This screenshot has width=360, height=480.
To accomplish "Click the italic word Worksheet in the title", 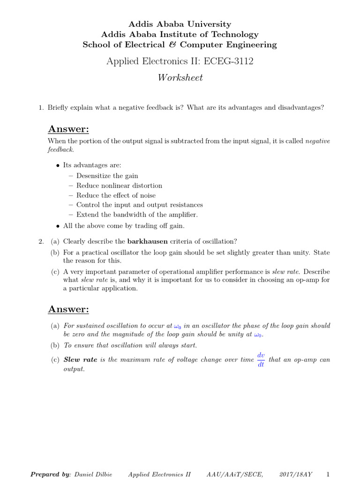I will [180, 78].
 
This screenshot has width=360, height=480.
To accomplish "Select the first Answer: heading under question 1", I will [68, 129].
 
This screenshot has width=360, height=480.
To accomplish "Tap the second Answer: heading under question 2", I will [68, 309].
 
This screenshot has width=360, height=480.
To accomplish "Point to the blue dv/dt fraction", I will [261, 360].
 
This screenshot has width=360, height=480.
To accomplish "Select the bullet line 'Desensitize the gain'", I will [107, 176].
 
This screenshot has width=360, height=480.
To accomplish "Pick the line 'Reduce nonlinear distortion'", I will [119, 186].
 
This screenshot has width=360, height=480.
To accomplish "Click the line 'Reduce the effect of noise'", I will [116, 195].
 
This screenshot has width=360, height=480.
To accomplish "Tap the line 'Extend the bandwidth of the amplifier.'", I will [137, 215].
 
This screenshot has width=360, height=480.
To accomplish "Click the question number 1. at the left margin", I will [41, 108].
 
